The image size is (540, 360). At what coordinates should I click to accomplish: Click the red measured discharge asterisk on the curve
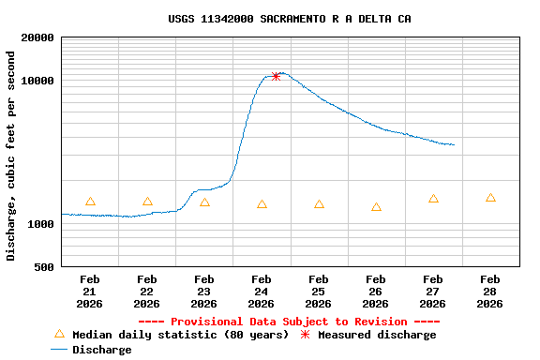[x=276, y=76]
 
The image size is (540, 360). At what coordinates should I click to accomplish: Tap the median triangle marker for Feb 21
[x=90, y=202]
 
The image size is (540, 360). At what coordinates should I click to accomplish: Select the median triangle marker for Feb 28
[x=490, y=198]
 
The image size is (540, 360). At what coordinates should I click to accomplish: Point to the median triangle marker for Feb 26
[x=376, y=207]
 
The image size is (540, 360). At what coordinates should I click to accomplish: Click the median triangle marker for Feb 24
[x=262, y=204]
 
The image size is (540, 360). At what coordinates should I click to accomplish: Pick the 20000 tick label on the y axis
[x=37, y=38]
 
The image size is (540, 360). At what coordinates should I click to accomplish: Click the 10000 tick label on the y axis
[x=37, y=81]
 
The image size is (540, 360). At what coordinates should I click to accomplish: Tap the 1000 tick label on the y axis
[x=41, y=224]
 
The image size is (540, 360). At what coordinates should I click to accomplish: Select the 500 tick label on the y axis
[x=44, y=267]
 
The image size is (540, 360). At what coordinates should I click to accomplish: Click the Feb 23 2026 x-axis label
[x=204, y=292]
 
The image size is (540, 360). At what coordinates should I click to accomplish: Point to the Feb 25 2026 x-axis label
[x=319, y=292]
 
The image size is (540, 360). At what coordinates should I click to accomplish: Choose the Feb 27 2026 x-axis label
[x=433, y=292]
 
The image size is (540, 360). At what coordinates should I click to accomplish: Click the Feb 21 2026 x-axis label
[x=90, y=292]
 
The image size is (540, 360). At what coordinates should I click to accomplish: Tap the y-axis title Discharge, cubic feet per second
[x=11, y=156]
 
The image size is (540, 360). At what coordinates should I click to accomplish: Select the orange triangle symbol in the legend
[x=59, y=334]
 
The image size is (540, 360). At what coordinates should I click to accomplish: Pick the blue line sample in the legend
[x=59, y=350]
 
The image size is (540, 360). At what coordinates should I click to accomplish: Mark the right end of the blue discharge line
[x=454, y=144]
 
